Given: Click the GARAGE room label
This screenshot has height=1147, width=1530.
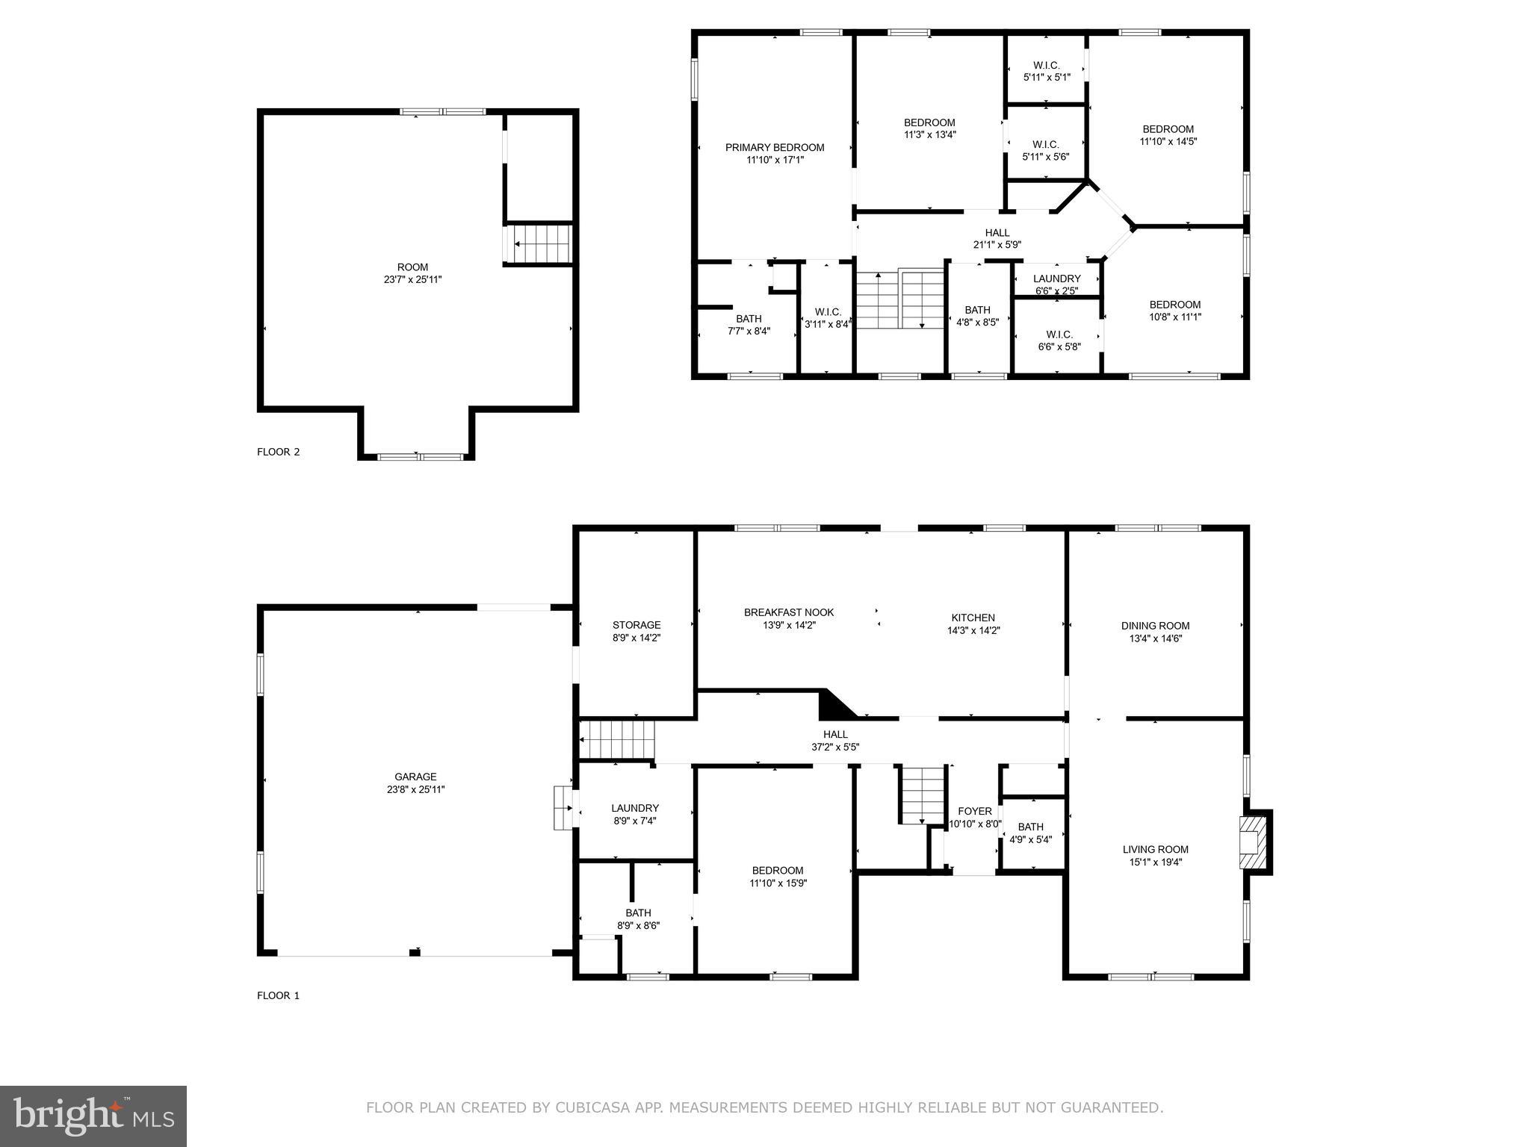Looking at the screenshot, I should [415, 777].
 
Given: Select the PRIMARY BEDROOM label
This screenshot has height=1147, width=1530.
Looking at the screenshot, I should [775, 147].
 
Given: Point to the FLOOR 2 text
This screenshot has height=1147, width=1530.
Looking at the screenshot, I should [278, 452].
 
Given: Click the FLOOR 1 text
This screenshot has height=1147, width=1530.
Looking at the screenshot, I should [278, 995].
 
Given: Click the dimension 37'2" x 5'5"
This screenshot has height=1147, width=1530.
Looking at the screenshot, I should [835, 747].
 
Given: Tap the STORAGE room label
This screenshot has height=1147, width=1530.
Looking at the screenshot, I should [637, 625].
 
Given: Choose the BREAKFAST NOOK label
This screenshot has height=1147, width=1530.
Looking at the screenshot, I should [789, 612].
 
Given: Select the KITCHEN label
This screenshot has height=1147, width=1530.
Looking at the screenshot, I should [973, 618].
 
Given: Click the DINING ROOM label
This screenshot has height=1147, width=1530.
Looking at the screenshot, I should [1155, 626].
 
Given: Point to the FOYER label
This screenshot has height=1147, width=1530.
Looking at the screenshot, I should [975, 811].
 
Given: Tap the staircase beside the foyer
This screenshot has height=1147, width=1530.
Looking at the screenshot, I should [923, 795].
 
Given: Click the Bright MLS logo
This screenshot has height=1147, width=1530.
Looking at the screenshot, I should [93, 1116].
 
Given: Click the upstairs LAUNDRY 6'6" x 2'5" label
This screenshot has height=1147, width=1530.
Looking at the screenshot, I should [1056, 279].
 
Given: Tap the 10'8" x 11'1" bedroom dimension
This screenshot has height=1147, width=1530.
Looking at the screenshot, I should [1174, 317].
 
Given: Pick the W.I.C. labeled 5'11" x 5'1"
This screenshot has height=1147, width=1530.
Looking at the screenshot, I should [1046, 65].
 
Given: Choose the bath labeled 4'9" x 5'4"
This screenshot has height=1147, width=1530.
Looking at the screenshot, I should [1030, 827].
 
